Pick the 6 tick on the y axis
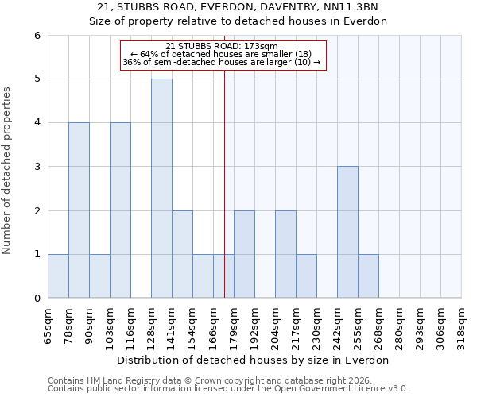coord(37,36)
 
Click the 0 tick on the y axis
coord(37,299)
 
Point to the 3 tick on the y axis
coord(37,167)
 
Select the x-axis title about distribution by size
coord(254,360)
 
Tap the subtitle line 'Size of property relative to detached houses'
coord(238,21)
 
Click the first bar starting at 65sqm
coord(58,276)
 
